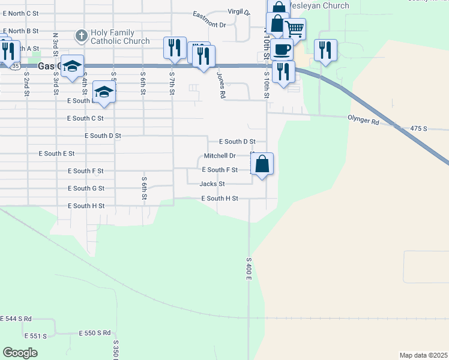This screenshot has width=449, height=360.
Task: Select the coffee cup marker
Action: [x=282, y=49]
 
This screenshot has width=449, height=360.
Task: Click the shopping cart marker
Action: [x=294, y=28]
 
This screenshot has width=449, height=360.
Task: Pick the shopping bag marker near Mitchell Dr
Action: [x=262, y=164]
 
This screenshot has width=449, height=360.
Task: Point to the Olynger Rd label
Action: [x=363, y=122]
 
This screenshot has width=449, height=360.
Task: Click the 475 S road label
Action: [x=418, y=128]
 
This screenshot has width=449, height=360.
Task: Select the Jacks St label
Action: [x=212, y=184]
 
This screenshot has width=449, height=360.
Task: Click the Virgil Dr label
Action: [x=238, y=11]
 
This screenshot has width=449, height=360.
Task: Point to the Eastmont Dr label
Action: [x=209, y=20]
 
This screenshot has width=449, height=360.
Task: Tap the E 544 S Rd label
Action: [x=16, y=318]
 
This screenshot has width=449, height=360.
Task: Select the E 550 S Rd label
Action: [x=95, y=332]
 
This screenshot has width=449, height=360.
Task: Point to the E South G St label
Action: [x=86, y=188]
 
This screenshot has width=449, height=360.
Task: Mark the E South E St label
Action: [x=56, y=154]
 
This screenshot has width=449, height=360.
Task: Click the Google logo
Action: [x=20, y=353]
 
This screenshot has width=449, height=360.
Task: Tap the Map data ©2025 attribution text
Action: [x=423, y=355]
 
